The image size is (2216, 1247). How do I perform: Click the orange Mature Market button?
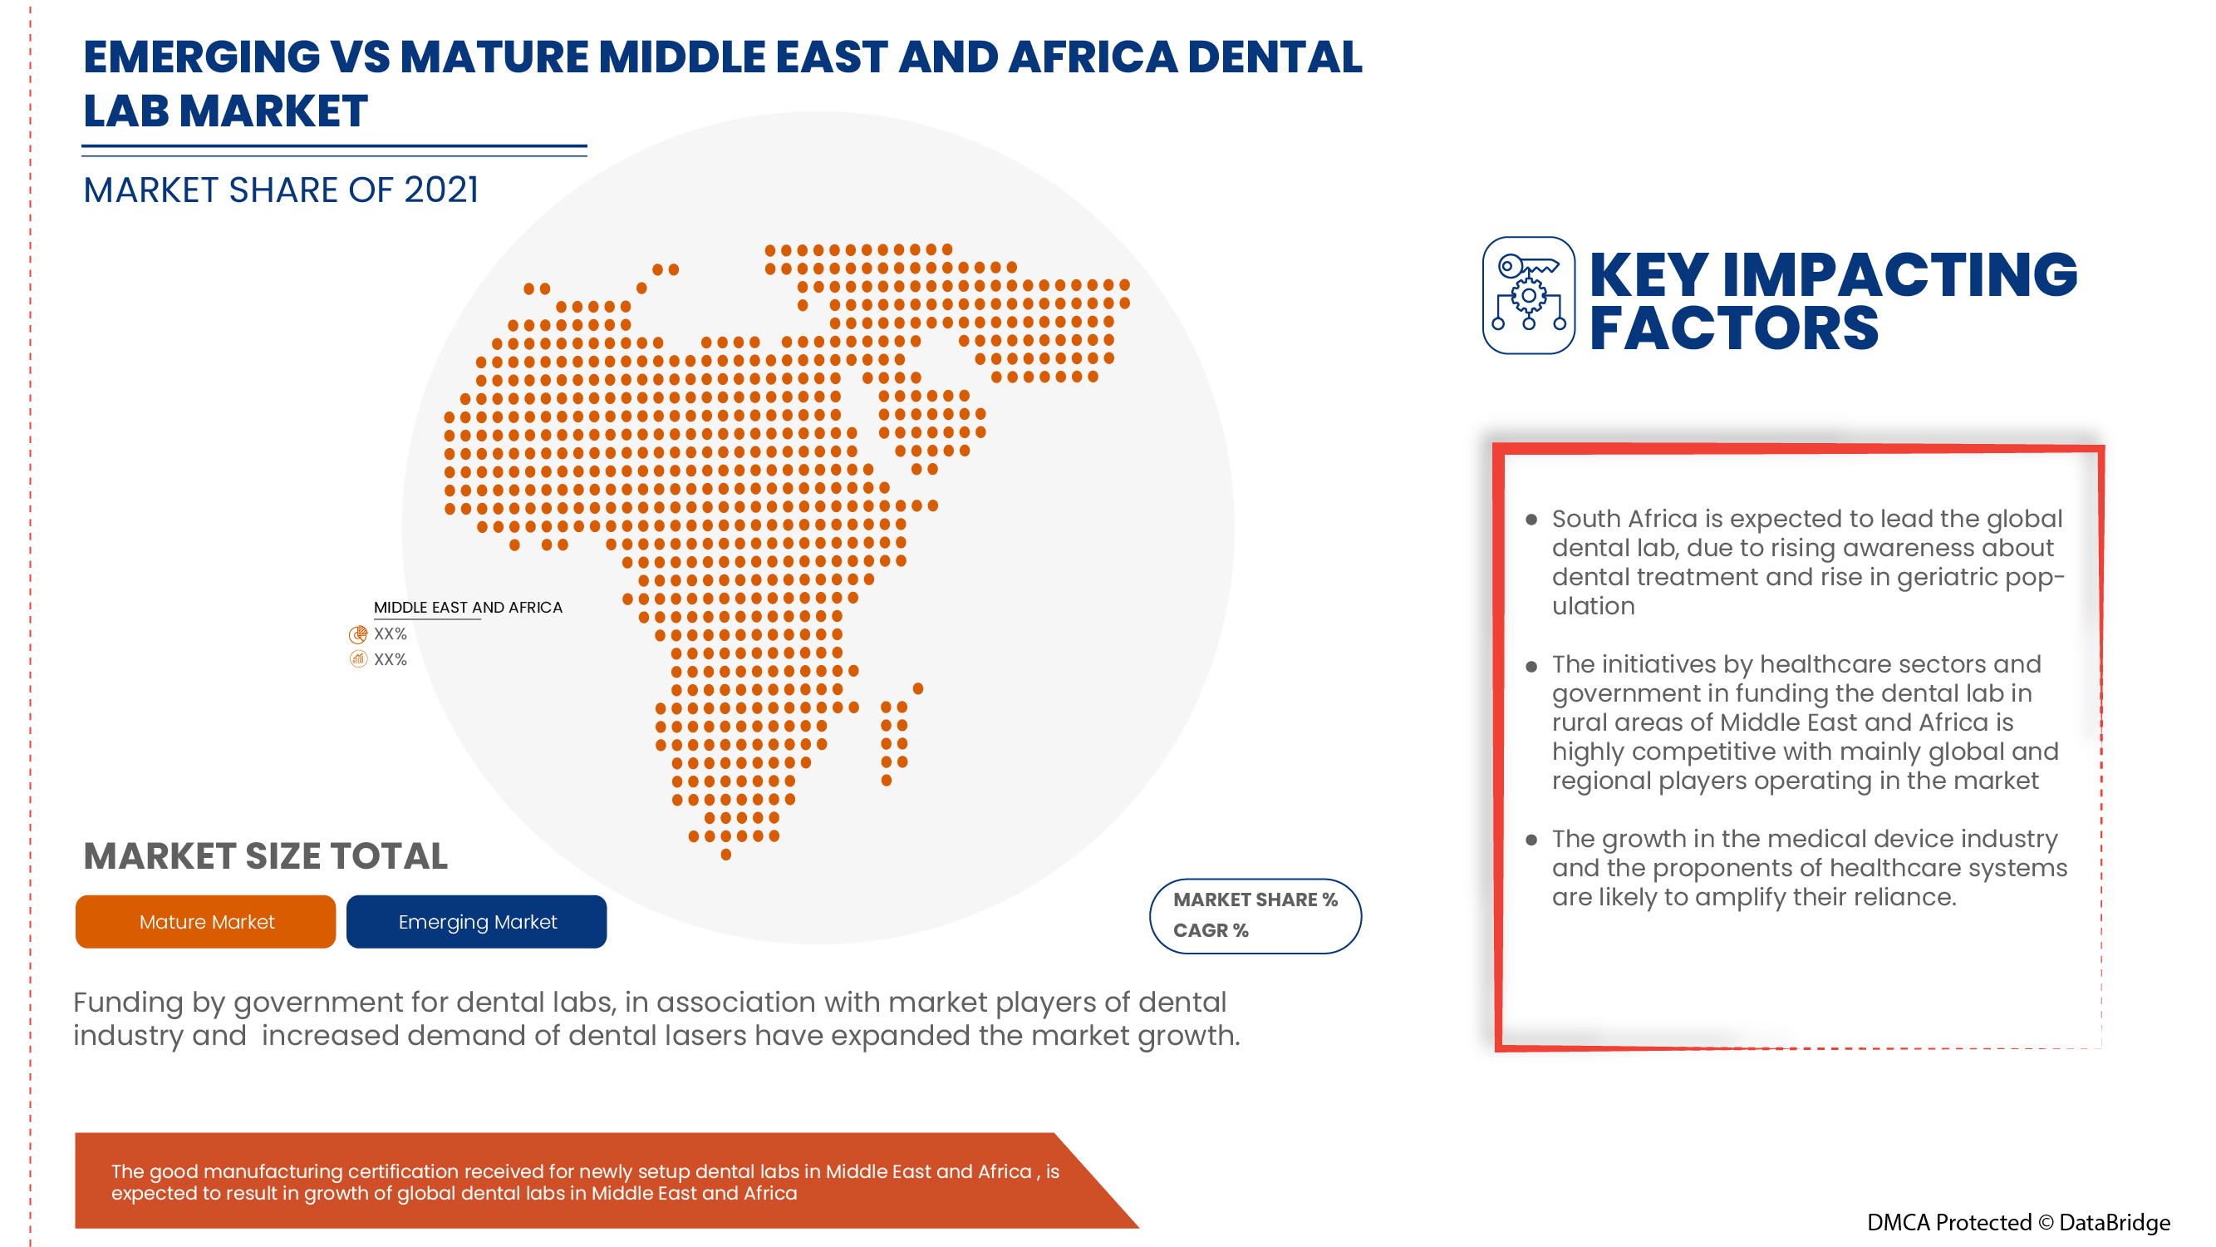[205, 922]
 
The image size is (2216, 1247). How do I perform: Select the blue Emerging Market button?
[477, 922]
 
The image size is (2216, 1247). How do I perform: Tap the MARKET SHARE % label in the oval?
[1255, 900]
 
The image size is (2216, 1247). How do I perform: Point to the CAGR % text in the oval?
[1211, 930]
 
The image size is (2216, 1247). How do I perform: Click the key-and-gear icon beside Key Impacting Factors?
[1529, 295]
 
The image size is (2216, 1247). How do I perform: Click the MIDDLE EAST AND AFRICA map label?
[468, 608]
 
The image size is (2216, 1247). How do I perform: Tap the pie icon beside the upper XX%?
[358, 635]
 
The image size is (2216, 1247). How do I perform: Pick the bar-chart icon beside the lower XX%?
[358, 660]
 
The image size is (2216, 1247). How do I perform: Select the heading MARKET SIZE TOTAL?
[265, 856]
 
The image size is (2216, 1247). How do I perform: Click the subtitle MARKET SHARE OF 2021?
[281, 190]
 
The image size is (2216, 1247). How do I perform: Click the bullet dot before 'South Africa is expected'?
[1531, 520]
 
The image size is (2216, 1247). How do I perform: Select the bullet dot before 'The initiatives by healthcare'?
[1531, 666]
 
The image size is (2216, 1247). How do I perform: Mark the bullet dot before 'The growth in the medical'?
[1531, 840]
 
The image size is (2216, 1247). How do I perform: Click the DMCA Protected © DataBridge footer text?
[2018, 1222]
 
